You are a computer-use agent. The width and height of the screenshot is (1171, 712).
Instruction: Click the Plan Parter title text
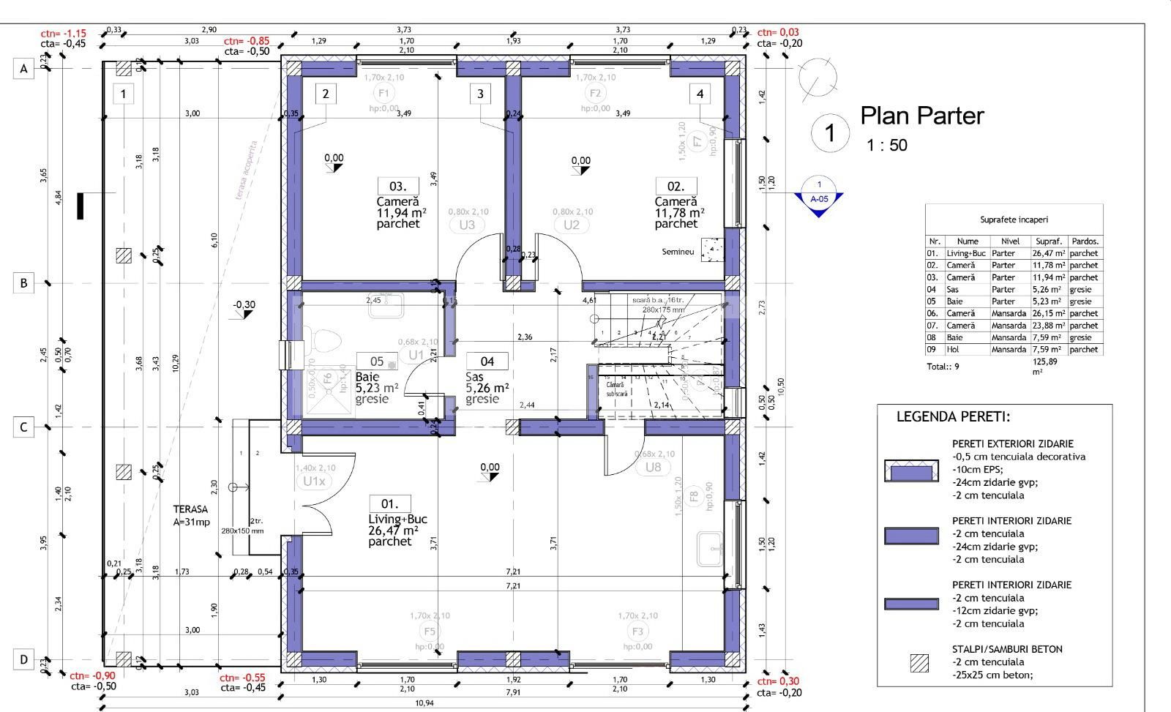click(921, 116)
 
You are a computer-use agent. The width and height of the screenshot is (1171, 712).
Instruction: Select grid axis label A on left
click(23, 70)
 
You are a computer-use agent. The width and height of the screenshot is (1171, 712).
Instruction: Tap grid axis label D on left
click(23, 660)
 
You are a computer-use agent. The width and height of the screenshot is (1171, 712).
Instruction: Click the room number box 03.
click(398, 186)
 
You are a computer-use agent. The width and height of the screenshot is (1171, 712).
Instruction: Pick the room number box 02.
click(676, 186)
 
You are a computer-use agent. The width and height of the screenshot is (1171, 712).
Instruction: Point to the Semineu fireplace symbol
click(711, 250)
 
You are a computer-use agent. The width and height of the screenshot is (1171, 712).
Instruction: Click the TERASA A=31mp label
click(192, 515)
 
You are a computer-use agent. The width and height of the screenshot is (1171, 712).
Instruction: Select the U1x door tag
click(313, 481)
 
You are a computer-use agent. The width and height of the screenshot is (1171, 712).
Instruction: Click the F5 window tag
click(430, 632)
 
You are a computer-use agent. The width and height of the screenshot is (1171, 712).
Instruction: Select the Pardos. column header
click(1085, 241)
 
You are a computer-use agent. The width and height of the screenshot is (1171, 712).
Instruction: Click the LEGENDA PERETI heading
click(953, 417)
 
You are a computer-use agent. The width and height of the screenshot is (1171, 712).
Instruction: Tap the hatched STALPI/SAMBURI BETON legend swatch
click(919, 663)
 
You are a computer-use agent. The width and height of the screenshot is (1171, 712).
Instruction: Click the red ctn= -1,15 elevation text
click(64, 33)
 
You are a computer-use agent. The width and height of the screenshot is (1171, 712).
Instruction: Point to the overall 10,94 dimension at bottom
click(424, 703)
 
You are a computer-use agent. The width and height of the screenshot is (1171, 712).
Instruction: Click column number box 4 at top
click(700, 94)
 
